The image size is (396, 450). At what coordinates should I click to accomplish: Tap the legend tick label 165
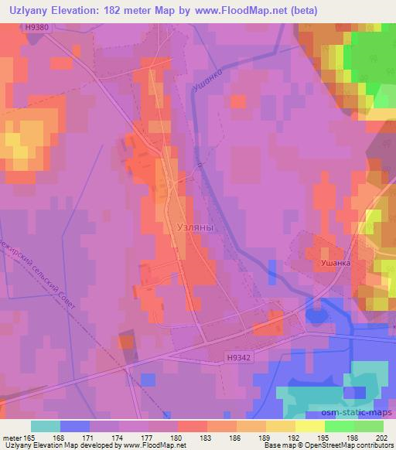[x=31, y=438]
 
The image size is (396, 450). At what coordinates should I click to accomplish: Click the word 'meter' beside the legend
[x=12, y=438]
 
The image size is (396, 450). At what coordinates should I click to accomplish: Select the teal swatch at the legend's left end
[x=46, y=426]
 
